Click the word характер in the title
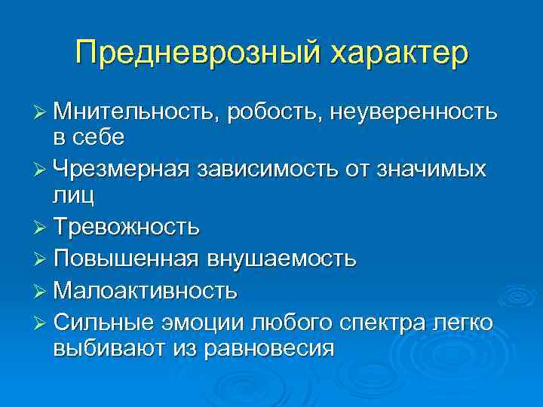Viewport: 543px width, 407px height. click(396, 54)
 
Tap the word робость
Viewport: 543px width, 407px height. click(278, 113)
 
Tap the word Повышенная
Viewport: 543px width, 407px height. click(126, 259)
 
